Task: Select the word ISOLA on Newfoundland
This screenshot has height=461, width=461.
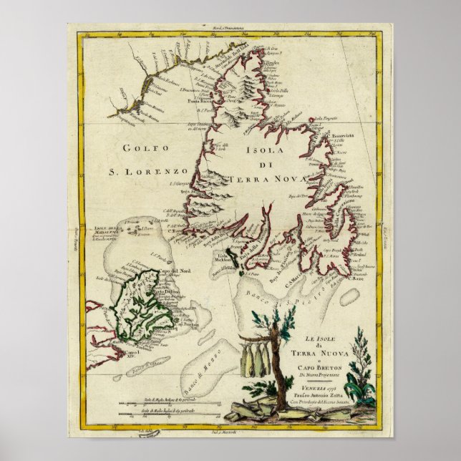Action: click(266, 151)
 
